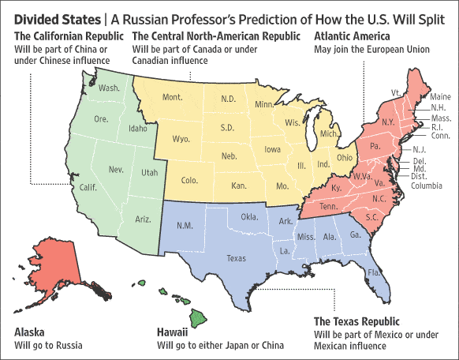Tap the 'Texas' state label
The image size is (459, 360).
(x=237, y=257)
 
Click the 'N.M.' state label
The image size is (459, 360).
(x=185, y=226)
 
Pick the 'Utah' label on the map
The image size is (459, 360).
(x=149, y=171)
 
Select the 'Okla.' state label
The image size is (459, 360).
(x=250, y=216)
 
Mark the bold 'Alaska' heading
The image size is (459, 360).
(x=29, y=332)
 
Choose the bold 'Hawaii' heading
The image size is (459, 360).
(x=174, y=332)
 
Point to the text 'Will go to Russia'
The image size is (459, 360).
(x=48, y=345)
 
